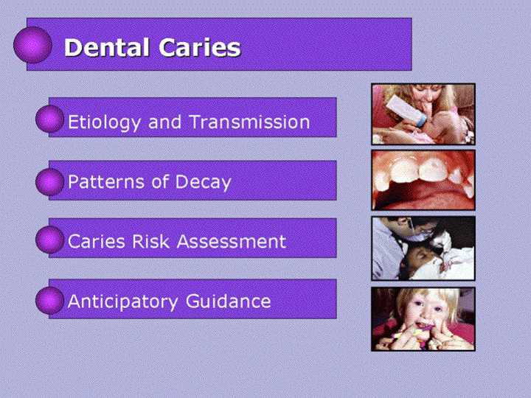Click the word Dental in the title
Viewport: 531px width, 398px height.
pyautogui.click(x=107, y=47)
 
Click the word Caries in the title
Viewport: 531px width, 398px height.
pyautogui.click(x=200, y=47)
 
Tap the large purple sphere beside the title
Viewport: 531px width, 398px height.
pyautogui.click(x=33, y=45)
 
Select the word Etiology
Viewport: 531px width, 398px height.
pyautogui.click(x=104, y=122)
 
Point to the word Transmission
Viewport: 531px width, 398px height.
pyautogui.click(x=249, y=122)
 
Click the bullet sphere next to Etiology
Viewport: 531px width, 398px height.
pyautogui.click(x=50, y=119)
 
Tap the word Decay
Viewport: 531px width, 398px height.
pyautogui.click(x=204, y=183)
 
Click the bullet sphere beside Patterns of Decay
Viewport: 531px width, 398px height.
pyautogui.click(x=50, y=182)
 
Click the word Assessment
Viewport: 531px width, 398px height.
pyautogui.click(x=232, y=242)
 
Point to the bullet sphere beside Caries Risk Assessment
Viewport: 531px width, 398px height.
pyautogui.click(x=50, y=240)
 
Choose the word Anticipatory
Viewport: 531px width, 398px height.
pyautogui.click(x=122, y=302)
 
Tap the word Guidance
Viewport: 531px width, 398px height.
pyautogui.click(x=228, y=301)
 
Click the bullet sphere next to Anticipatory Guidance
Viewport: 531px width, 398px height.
pyautogui.click(x=50, y=301)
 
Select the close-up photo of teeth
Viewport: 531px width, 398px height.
pyautogui.click(x=423, y=180)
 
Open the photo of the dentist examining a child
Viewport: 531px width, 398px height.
pyautogui.click(x=423, y=248)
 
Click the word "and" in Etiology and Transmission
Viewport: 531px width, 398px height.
pyautogui.click(x=164, y=122)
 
